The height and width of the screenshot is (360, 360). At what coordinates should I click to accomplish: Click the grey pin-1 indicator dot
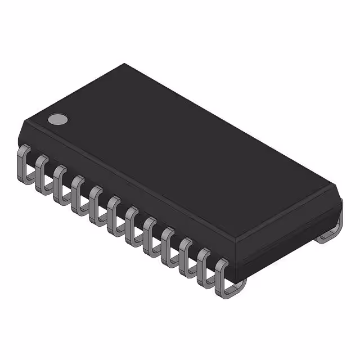[x=57, y=119]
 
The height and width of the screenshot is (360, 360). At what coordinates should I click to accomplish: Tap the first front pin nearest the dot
[x=24, y=163]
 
